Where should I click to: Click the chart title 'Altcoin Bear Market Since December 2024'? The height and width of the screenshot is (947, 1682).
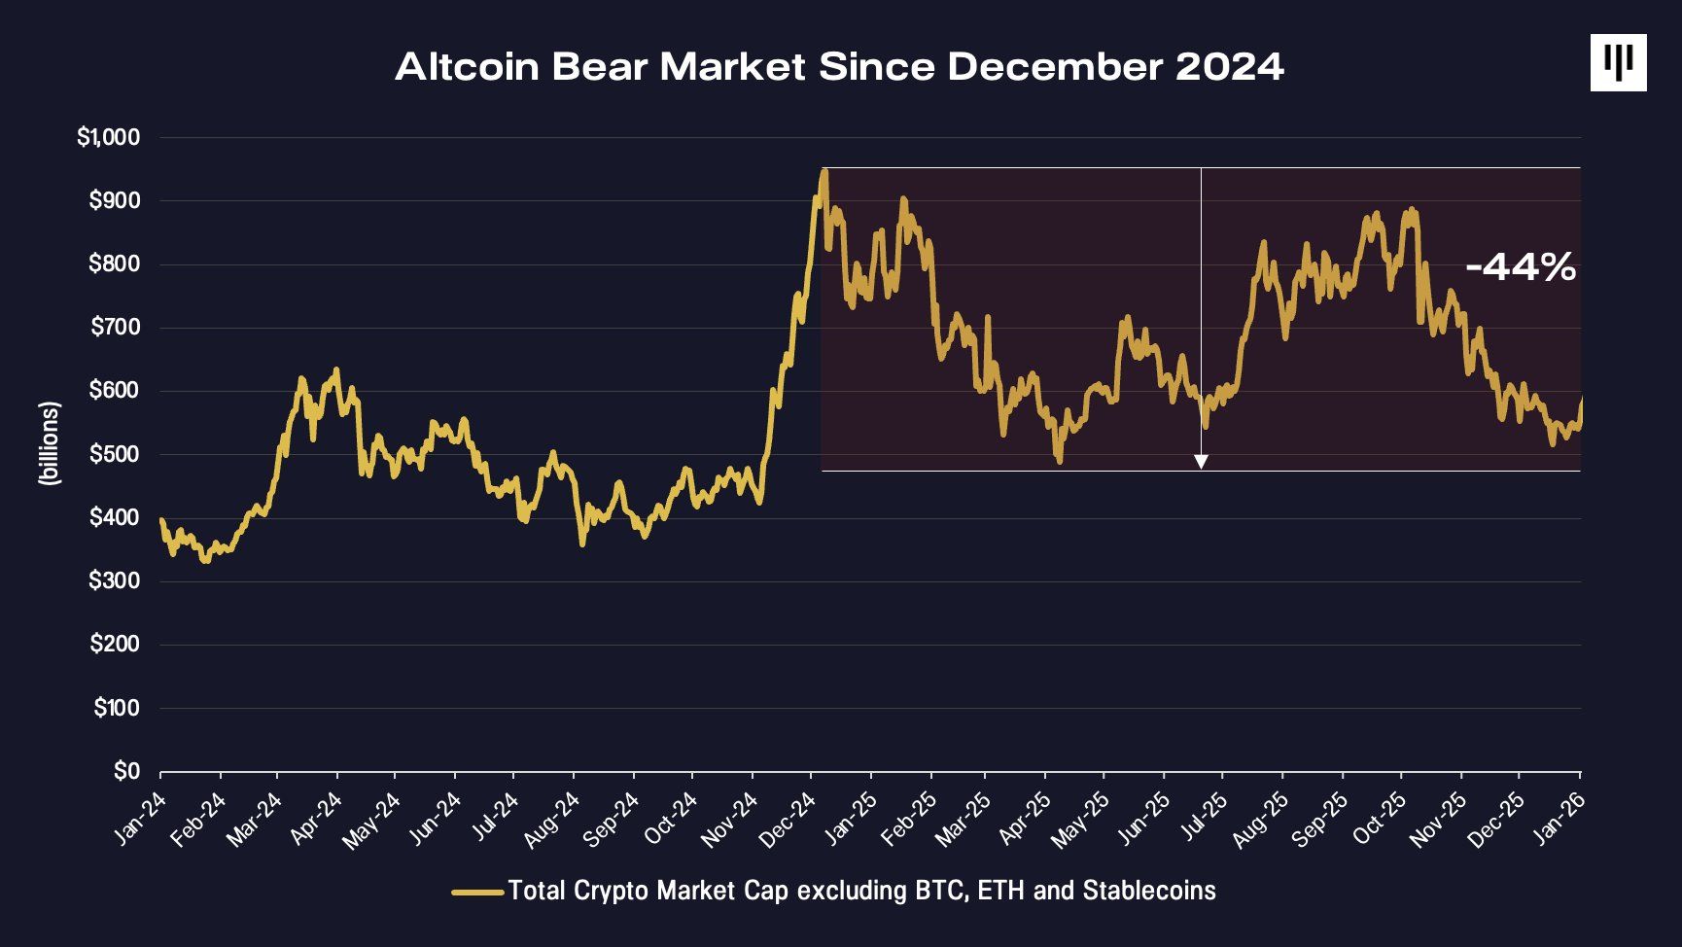coord(839,66)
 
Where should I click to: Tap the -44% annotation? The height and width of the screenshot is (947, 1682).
coord(1520,266)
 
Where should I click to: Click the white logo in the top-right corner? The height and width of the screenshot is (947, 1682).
coord(1618,63)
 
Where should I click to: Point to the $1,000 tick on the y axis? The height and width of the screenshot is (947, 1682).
coord(108,137)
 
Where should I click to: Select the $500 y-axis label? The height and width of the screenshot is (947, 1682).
coord(114,454)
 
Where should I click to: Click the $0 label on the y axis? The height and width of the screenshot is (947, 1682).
coord(126,771)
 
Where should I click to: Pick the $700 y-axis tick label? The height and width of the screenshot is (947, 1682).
coord(114,328)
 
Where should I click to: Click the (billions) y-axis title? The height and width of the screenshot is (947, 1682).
coord(50,443)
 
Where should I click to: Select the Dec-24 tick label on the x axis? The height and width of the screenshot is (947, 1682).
coord(789,819)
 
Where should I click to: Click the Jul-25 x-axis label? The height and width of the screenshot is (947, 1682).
coord(1203,819)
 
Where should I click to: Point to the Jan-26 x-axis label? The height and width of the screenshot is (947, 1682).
coord(1559,819)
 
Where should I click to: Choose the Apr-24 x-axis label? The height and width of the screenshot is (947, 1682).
coord(318,819)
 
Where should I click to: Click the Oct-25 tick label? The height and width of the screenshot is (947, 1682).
coord(1381,819)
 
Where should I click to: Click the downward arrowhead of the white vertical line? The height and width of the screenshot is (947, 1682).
coord(1201,462)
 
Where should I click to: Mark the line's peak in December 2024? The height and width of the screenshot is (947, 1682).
coord(824,172)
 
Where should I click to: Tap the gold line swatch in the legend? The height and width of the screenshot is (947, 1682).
coord(477,891)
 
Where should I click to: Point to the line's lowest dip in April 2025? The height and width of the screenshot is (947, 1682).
coord(1059,460)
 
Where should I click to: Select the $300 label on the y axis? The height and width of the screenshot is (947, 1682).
coord(114,581)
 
